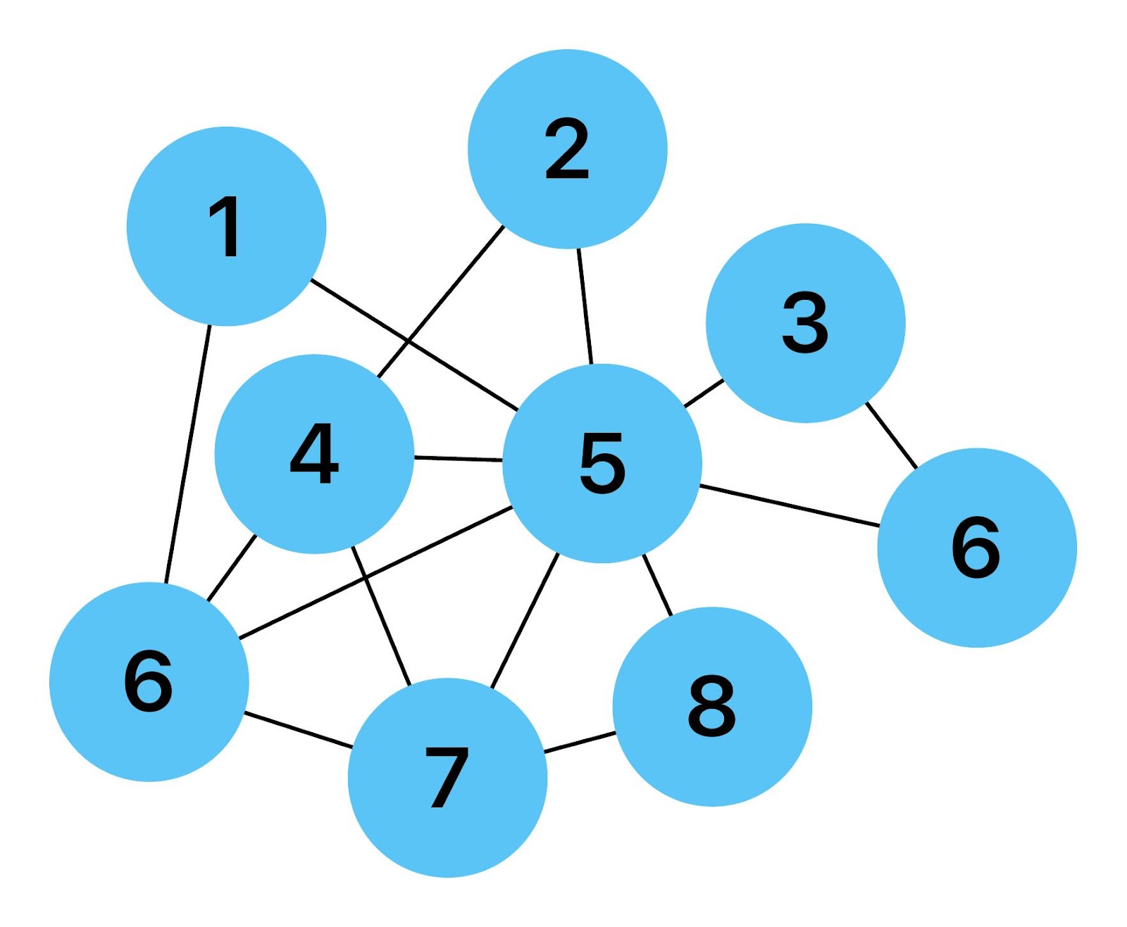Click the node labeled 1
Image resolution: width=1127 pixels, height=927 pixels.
(226, 226)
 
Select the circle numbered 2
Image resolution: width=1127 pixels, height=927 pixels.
(567, 149)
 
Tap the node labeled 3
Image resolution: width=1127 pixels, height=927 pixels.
(805, 323)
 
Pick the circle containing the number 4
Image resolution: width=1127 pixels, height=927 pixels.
(314, 454)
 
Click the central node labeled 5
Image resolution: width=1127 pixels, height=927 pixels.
(602, 463)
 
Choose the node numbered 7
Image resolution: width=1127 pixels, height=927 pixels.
(447, 777)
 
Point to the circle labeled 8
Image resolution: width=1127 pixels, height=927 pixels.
(712, 706)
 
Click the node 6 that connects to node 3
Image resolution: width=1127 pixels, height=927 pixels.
(977, 548)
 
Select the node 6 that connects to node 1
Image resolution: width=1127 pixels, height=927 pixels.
(149, 681)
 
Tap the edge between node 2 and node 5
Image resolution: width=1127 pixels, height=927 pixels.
(585, 306)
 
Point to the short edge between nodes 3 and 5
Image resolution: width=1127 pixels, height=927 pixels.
(704, 393)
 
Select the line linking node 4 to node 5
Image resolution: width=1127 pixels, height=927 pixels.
(458, 459)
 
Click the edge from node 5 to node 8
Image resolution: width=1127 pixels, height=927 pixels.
(657, 584)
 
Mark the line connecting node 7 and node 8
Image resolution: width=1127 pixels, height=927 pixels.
(580, 743)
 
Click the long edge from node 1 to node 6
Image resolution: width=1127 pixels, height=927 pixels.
(188, 454)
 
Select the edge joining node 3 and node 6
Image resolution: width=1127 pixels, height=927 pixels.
(891, 435)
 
